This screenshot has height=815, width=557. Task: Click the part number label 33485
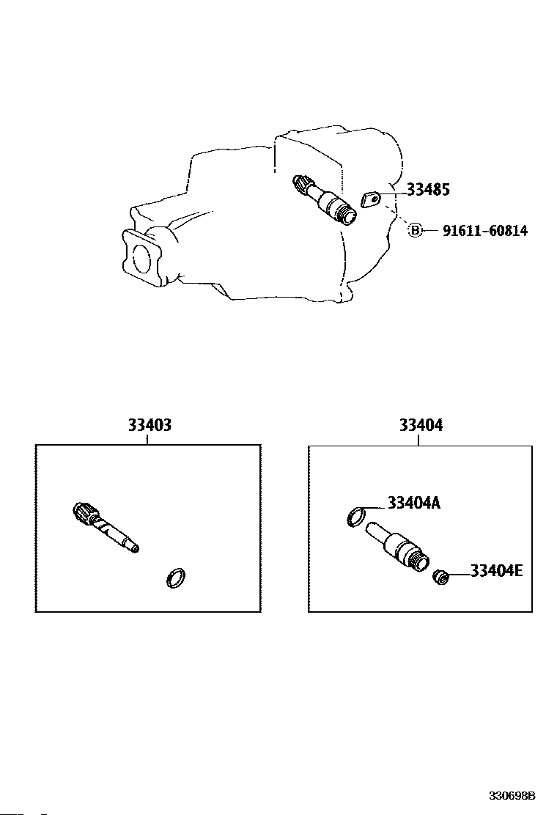coord(428,190)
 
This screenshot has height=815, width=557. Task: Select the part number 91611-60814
coord(484,231)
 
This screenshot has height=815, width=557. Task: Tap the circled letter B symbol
coord(416,231)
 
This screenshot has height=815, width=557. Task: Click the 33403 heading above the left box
coord(150,425)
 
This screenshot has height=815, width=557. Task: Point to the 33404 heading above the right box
coord(421,425)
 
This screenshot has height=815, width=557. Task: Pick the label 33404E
coord(496,570)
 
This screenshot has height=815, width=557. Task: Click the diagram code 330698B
coord(513,795)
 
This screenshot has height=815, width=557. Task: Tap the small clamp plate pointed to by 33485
coord(372,199)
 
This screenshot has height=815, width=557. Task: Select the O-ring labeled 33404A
coord(355,517)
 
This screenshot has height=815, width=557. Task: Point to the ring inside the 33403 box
coord(175,578)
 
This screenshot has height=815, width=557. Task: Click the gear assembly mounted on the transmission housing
coord(322,198)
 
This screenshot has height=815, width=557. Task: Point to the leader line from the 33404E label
coord(457,573)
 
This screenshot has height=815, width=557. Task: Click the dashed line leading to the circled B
coord(396,217)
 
